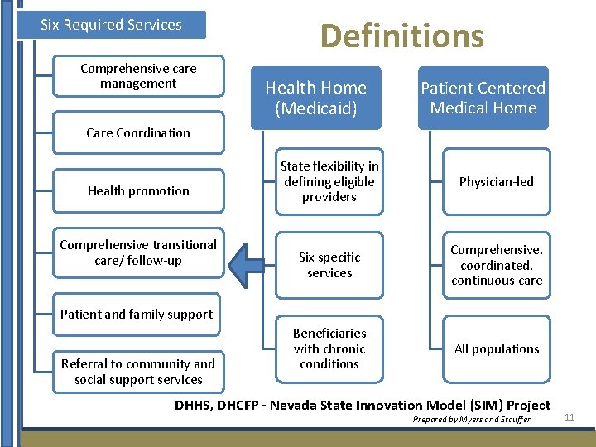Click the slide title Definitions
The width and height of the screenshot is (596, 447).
(x=401, y=36)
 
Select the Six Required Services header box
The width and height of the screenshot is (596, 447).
(x=111, y=25)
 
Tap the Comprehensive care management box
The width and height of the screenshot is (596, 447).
(x=138, y=75)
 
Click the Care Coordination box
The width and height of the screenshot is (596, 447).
(x=138, y=132)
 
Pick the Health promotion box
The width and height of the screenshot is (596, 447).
(x=138, y=190)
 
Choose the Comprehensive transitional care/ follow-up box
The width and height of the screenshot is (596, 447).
(x=138, y=252)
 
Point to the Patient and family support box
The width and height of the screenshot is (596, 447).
(x=137, y=314)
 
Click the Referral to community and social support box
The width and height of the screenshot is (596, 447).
(x=138, y=372)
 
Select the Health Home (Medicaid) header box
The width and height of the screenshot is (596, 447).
(x=315, y=98)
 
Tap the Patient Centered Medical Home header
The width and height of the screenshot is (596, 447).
(x=483, y=98)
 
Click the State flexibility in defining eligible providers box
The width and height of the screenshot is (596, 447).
(x=329, y=181)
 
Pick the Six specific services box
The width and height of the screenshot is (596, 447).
(x=329, y=265)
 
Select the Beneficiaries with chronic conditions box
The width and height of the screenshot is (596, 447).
(x=329, y=348)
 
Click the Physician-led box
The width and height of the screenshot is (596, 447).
(x=497, y=181)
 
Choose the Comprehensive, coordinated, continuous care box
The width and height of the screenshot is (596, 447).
(x=497, y=265)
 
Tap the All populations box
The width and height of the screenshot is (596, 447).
(x=497, y=348)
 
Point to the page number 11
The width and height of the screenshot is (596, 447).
(x=569, y=417)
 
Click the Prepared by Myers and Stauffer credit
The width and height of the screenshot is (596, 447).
(x=471, y=420)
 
